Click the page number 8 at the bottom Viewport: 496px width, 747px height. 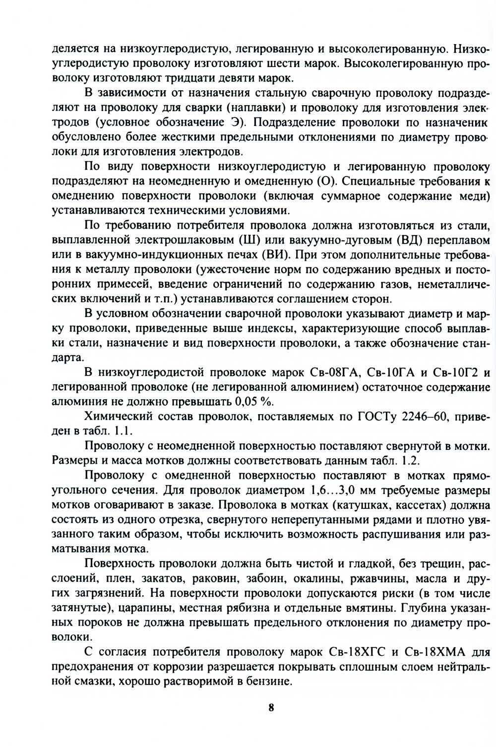(271, 708)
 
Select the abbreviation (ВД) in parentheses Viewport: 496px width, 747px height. (411, 241)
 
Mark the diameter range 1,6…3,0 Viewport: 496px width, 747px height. (344, 491)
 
